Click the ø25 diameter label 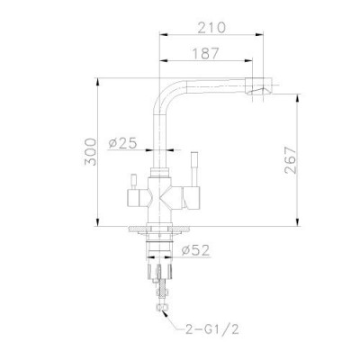121,142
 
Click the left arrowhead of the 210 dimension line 163,37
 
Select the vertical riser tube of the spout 160,135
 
